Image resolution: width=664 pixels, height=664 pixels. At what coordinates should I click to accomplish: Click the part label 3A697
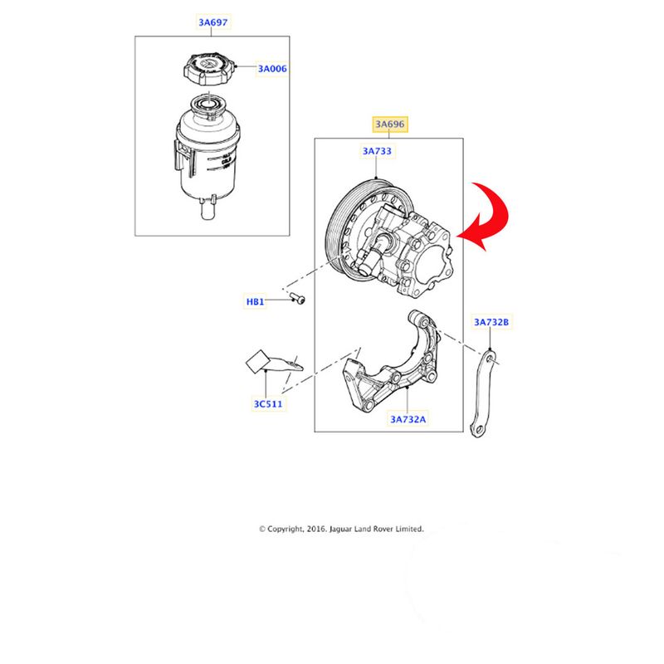[213, 22]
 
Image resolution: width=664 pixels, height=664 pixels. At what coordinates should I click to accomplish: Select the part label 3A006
[272, 69]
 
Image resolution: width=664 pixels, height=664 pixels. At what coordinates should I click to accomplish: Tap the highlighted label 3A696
[389, 124]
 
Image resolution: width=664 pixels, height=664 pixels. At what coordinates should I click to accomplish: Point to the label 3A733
[377, 151]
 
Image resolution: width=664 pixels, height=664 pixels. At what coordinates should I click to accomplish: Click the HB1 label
[256, 301]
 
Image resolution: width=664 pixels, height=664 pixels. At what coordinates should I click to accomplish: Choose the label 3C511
[267, 404]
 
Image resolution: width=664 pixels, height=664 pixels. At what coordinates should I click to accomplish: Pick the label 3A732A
[408, 419]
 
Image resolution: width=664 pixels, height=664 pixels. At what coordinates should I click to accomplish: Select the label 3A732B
[491, 322]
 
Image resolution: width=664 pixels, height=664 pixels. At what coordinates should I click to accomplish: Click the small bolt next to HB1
[298, 299]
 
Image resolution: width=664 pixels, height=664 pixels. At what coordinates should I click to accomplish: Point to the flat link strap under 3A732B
[484, 393]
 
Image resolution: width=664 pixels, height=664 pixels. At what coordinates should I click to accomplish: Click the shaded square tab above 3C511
[257, 362]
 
